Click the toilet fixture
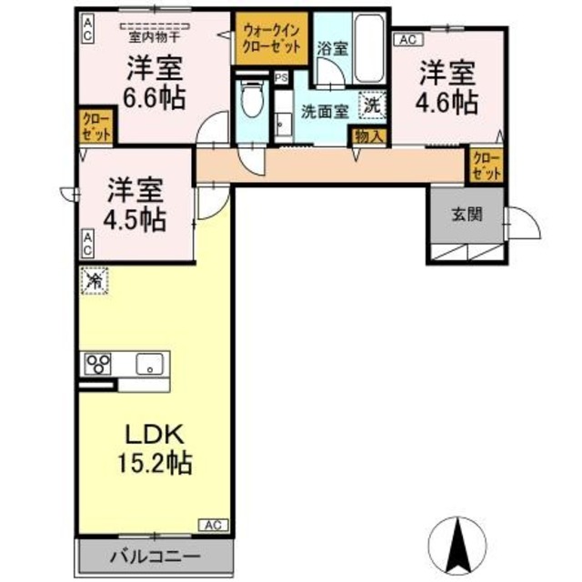click(252, 100)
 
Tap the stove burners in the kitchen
click(98, 364)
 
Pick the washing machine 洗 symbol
click(372, 105)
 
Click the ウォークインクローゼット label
click(271, 37)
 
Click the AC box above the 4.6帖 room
click(406, 40)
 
